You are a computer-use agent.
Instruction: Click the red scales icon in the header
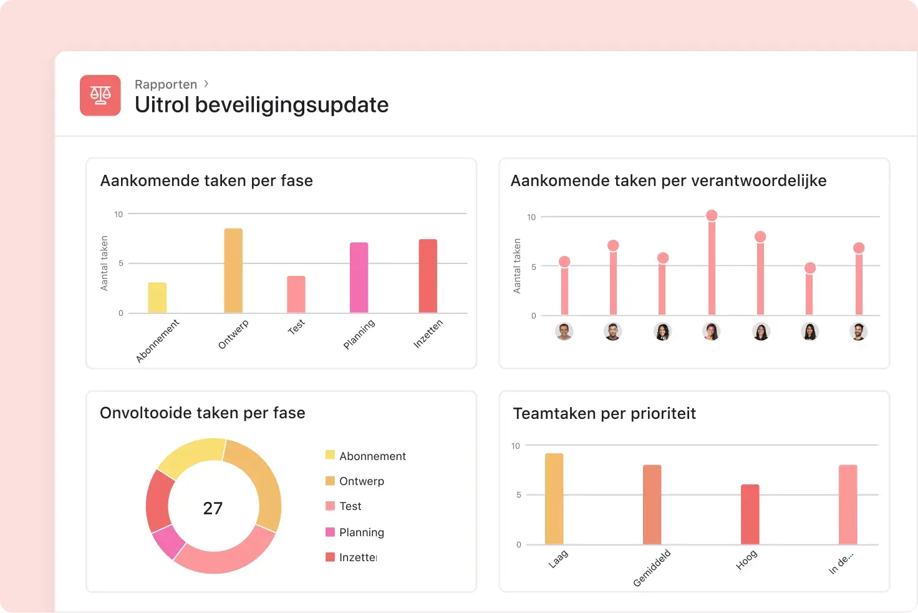[x=100, y=95]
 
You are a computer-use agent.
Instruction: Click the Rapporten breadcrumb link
[x=166, y=84]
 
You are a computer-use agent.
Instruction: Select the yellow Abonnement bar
[x=157, y=298]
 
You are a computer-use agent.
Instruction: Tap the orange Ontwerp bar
[x=233, y=270]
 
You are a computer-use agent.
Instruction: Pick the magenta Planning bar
[x=359, y=277]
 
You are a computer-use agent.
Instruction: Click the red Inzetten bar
[x=428, y=276]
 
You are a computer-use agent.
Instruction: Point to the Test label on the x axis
[x=296, y=326]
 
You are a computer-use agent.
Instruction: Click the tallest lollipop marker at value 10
[x=711, y=216]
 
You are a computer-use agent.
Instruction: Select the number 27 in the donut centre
[x=213, y=508]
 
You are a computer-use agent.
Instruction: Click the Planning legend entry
[x=361, y=532]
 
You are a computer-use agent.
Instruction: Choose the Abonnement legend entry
[x=372, y=456]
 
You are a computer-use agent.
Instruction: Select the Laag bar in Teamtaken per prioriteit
[x=554, y=499]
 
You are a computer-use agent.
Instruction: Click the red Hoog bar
[x=750, y=514]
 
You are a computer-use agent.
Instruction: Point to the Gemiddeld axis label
[x=652, y=568]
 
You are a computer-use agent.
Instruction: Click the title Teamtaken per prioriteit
[x=604, y=413]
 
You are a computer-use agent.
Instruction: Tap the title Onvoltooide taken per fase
[x=202, y=413]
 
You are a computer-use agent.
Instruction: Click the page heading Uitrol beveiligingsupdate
[x=261, y=105]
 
